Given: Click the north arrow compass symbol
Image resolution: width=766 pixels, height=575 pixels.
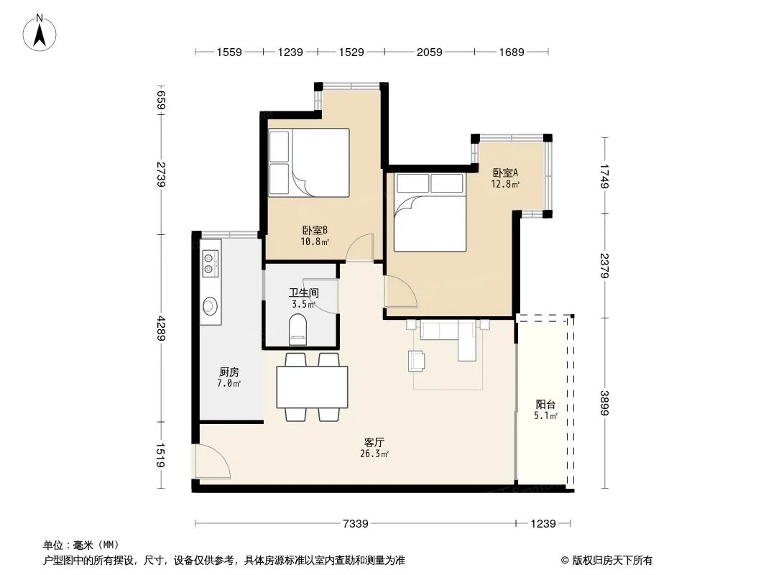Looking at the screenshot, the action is pos(40,33).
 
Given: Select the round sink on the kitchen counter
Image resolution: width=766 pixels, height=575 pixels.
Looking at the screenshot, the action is pos(211,305).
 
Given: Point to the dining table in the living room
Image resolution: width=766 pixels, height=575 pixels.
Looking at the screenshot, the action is pos(312,387).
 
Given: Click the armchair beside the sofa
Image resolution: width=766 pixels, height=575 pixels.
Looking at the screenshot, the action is pos(416,361).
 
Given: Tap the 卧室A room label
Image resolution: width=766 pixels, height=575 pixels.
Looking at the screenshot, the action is pos(505,173).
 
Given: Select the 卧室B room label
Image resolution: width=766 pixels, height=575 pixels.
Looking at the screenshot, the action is pos(315,230).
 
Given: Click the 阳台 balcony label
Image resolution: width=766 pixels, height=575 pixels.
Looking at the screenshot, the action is pos(545,405).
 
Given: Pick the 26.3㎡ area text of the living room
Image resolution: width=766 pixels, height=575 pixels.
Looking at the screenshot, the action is pos(374,454).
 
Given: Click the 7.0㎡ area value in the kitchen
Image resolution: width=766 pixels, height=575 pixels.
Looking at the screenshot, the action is pos(229,384).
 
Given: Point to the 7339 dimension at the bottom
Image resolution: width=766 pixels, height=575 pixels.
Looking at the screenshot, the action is pos(355,524).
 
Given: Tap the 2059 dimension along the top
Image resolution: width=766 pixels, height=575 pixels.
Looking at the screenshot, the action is pos(430,52).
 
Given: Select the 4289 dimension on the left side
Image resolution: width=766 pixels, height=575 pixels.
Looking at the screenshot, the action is pos(161,328).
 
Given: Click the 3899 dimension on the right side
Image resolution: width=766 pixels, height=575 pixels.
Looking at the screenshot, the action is pos(605,403).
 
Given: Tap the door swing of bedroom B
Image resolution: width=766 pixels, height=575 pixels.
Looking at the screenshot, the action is pos(360,247).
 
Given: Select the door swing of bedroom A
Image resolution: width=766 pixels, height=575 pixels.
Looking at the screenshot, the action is pos(400,292).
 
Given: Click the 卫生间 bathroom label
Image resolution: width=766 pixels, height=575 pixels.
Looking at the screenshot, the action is pos(304,293).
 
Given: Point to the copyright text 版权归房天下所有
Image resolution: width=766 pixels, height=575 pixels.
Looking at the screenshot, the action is pos(612,561).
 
